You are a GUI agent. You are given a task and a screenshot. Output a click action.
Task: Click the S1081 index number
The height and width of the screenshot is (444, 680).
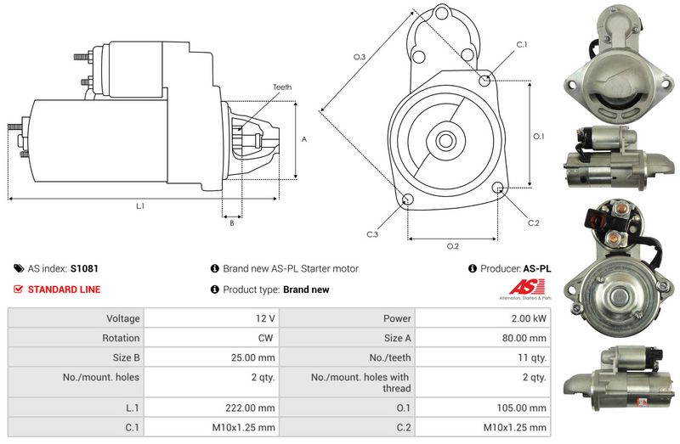click(x=84, y=268)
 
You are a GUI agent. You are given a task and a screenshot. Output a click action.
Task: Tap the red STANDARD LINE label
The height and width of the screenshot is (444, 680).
click(x=64, y=289)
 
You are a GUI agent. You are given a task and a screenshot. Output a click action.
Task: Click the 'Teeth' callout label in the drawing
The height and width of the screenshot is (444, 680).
click(x=283, y=87)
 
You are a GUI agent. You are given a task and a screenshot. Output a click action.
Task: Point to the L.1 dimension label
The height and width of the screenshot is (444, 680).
click(x=140, y=206)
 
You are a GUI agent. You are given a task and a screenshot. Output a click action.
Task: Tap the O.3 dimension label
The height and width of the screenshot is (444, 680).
click(x=360, y=57)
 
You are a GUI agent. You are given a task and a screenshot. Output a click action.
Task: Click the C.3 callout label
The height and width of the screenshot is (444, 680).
click(x=372, y=234)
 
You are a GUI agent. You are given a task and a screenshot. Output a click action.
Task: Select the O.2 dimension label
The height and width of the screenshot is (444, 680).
click(x=453, y=246)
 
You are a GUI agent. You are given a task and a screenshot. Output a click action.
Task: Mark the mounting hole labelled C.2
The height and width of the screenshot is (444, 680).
click(x=498, y=188)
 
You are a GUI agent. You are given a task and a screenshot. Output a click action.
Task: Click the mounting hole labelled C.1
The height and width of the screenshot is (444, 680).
click(x=484, y=81)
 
